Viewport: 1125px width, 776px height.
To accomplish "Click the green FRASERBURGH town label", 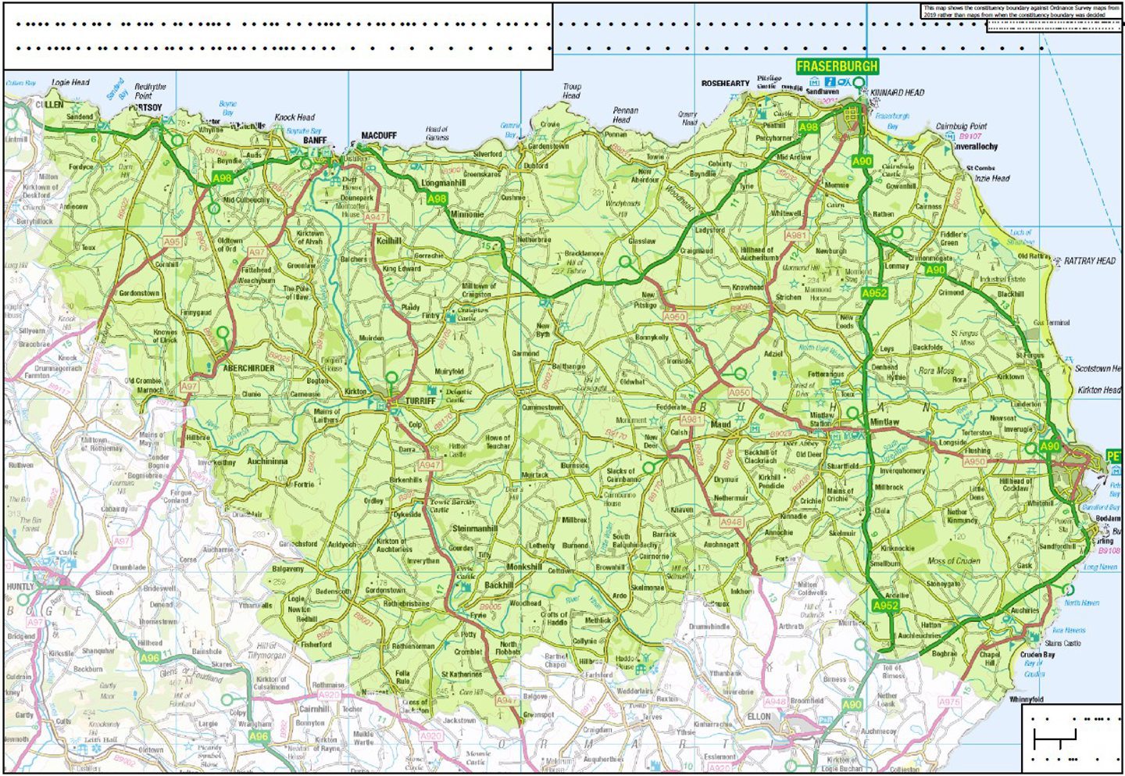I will [837, 66].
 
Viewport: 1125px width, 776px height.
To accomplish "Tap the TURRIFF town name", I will [420, 401].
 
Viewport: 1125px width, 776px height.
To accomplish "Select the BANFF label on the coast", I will [315, 141].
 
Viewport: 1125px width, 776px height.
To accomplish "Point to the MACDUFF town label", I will [379, 136].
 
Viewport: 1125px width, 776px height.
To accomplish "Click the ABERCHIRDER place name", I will [248, 368].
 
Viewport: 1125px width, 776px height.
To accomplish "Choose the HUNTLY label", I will [20, 586].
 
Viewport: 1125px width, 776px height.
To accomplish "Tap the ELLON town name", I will [759, 717].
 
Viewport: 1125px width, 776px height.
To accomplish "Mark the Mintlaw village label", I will [884, 422].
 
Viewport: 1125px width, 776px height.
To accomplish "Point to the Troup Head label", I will [572, 91].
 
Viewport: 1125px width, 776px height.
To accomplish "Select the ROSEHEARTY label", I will [725, 84].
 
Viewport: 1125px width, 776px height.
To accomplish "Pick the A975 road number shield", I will [949, 703].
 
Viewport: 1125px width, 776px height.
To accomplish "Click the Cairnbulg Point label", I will [961, 126].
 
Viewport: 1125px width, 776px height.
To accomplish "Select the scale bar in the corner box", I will [1055, 737].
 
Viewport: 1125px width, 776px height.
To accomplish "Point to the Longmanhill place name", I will [443, 184].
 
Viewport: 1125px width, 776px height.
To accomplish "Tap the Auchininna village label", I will [267, 462].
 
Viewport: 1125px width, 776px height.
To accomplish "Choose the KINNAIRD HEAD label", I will [898, 92].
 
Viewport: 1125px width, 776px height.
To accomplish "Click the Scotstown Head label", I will [1097, 369].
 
